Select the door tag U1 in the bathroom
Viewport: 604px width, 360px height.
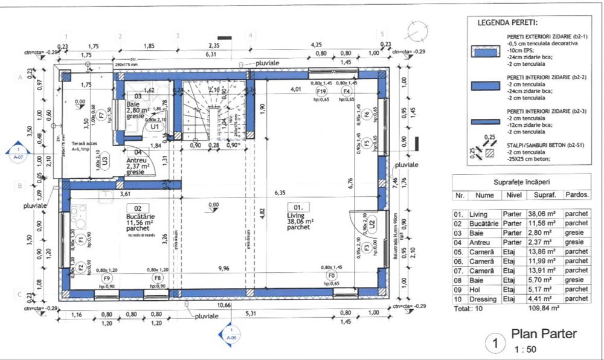point(154,127)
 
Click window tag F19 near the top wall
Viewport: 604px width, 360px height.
point(322,91)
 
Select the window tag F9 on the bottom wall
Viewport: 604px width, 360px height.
point(107,278)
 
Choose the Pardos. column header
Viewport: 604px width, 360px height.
point(577,195)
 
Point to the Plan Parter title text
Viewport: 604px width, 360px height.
point(544,334)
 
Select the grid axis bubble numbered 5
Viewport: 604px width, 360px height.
point(382,34)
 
